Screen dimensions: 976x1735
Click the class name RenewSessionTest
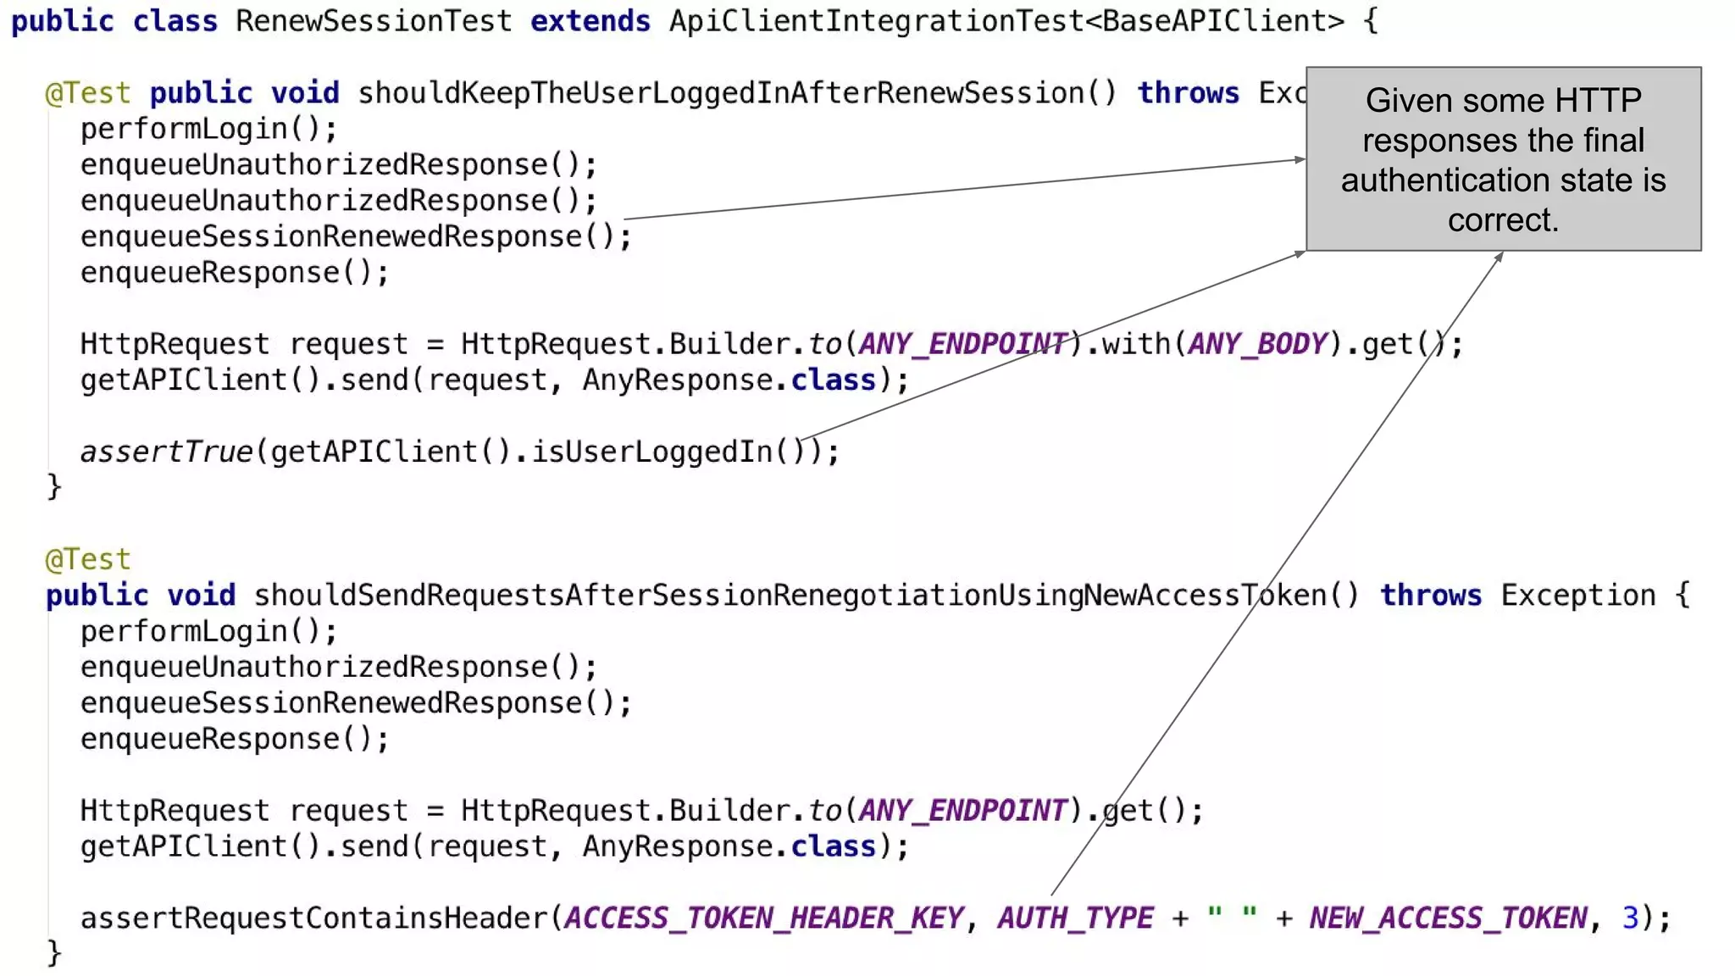point(374,20)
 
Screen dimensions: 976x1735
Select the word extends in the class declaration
point(590,20)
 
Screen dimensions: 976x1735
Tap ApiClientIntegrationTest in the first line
point(876,20)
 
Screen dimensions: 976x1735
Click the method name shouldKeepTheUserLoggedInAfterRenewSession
point(720,92)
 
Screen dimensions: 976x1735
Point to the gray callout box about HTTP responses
point(1503,158)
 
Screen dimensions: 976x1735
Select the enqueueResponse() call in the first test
point(234,273)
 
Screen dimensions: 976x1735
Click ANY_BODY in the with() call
point(1257,344)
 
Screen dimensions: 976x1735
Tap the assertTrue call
point(167,452)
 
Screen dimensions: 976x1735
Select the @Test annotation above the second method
point(88,559)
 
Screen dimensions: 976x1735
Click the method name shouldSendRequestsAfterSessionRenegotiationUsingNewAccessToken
point(790,595)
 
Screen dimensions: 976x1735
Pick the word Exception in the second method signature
point(1577,595)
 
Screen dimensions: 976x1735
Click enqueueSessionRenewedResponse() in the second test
point(356,703)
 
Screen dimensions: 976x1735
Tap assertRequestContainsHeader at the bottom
point(313,918)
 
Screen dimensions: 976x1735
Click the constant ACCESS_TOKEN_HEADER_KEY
point(763,918)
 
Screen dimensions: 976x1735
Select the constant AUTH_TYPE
point(1075,918)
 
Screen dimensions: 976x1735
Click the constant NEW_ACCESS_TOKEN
point(1448,918)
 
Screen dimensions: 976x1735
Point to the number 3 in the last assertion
point(1630,918)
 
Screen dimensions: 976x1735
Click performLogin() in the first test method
point(208,129)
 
